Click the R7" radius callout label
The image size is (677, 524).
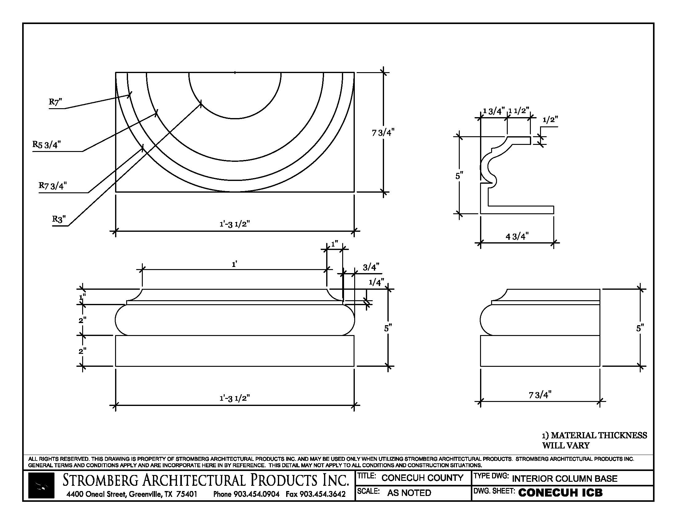coord(55,102)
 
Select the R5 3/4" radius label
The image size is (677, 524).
coord(47,144)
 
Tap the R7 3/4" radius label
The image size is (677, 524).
coord(53,186)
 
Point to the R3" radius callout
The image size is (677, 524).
coord(59,219)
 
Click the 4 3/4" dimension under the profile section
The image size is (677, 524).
coord(517,236)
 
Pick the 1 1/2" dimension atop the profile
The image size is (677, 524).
coord(519,111)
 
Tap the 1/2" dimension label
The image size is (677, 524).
coord(550,120)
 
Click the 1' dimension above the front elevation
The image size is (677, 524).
coord(235,264)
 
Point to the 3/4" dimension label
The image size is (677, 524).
coord(371,267)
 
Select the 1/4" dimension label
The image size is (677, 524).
coord(376,282)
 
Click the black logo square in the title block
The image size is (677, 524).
coord(41,485)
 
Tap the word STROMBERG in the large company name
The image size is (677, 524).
coord(100,480)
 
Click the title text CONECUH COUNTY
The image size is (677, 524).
coord(422,478)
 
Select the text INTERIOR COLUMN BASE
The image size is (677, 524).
coord(564,479)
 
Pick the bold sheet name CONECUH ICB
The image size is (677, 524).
coord(560,493)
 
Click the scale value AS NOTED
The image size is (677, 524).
coord(409,493)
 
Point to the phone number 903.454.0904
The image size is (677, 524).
coord(256,494)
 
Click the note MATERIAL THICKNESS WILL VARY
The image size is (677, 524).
coord(595,440)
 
